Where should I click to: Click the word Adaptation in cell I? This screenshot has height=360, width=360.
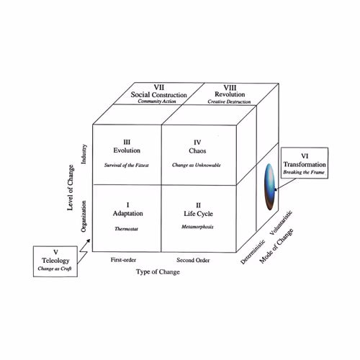(x=128, y=213)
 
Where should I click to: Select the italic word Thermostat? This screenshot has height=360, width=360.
(x=126, y=229)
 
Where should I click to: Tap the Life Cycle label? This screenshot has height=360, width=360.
(x=198, y=214)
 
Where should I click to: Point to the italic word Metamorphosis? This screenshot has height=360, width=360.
(x=197, y=227)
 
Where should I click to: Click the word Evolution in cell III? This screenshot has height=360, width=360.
(x=127, y=150)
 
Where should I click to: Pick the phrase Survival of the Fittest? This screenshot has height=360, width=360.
(x=127, y=165)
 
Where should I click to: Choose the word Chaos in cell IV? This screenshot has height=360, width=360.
(x=197, y=150)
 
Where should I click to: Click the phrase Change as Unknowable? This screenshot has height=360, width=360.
(x=197, y=165)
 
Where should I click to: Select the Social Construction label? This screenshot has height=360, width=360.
(x=158, y=95)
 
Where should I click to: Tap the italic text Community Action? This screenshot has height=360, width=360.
(x=157, y=102)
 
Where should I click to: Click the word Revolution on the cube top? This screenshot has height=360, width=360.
(x=230, y=94)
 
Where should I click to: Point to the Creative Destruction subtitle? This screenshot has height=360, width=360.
(x=229, y=102)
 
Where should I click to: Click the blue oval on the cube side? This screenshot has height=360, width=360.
(x=269, y=187)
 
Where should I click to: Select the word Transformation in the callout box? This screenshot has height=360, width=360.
(x=305, y=164)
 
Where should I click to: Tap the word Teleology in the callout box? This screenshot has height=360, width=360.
(x=55, y=261)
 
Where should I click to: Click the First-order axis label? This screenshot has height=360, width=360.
(x=123, y=260)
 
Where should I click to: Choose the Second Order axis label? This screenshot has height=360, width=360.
(x=193, y=260)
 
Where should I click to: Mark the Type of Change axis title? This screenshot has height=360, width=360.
(x=158, y=272)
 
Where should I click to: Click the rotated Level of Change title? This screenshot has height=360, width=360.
(x=71, y=187)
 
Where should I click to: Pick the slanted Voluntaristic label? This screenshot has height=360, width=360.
(x=281, y=222)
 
